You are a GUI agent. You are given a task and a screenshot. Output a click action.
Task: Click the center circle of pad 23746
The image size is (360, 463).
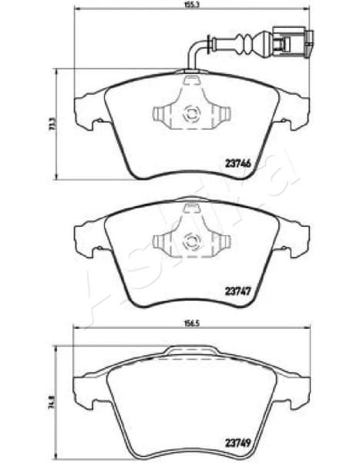188,116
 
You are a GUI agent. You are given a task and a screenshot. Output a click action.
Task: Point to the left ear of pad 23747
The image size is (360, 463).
87,235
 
